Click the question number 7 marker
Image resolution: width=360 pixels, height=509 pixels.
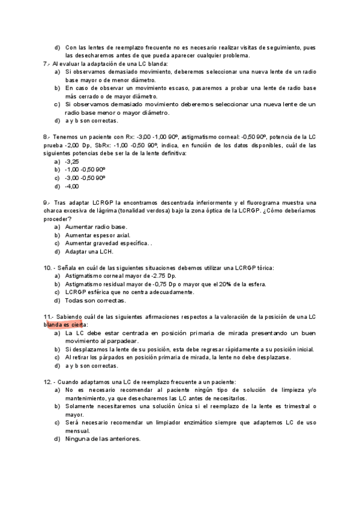pyautogui.click(x=46, y=64)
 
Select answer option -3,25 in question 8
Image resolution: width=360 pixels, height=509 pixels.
pyautogui.click(x=71, y=161)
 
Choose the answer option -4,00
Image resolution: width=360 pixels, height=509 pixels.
pyautogui.click(x=71, y=186)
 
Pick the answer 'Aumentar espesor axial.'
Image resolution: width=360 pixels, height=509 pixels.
pyautogui.click(x=97, y=235)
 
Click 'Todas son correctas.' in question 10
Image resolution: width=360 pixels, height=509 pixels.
pyautogui.click(x=95, y=300)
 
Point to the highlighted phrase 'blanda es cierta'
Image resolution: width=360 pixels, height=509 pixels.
pyautogui.click(x=65, y=325)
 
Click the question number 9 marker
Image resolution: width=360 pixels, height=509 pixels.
pyautogui.click(x=46, y=202)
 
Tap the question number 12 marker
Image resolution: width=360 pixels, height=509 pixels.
pyautogui.click(x=48, y=382)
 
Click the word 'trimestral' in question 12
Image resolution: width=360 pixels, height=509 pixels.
pyautogui.click(x=290, y=406)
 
